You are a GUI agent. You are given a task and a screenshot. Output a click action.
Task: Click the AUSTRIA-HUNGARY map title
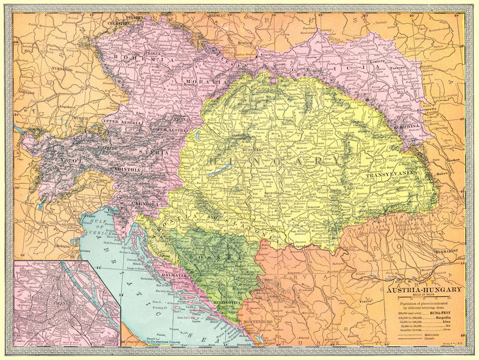[425, 289]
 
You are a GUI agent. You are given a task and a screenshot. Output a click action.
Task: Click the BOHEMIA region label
[136, 58]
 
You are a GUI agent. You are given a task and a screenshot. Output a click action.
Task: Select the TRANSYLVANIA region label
[388, 176]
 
